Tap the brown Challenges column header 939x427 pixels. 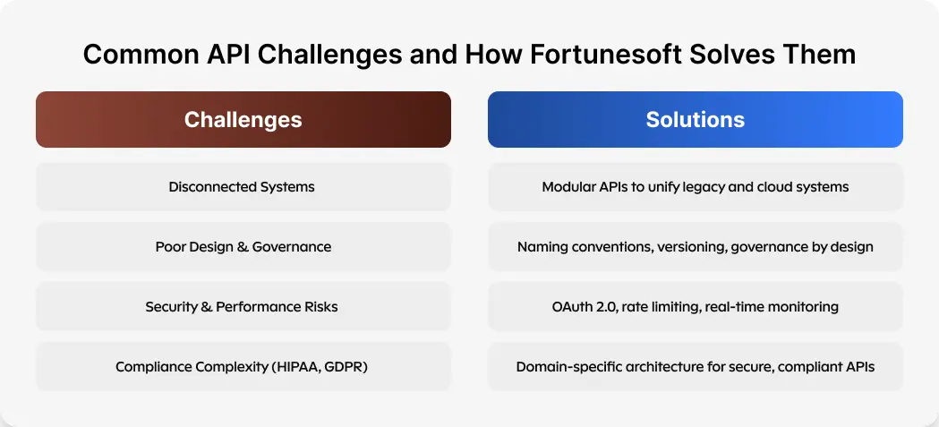pos(243,119)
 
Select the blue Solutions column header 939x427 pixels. pos(695,119)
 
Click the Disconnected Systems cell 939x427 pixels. pos(242,187)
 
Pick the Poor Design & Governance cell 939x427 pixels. pos(243,247)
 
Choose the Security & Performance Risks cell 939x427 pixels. pos(242,307)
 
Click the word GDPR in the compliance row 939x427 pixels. pos(346,367)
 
